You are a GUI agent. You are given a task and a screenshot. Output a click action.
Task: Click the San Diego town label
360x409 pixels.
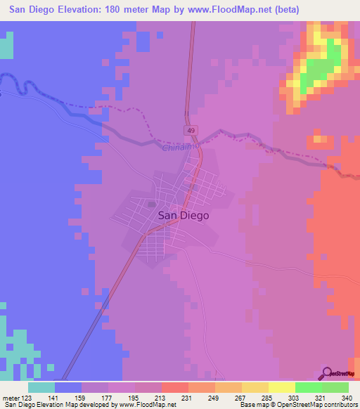183,216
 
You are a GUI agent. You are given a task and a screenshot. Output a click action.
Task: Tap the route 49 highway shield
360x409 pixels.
191,131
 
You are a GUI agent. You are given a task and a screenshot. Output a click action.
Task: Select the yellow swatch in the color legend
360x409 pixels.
281,387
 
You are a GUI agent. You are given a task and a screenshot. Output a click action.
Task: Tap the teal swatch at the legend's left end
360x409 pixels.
41,387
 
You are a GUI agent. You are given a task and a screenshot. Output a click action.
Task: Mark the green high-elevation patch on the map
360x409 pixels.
320,67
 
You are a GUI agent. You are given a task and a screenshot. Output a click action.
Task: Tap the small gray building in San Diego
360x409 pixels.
151,204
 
